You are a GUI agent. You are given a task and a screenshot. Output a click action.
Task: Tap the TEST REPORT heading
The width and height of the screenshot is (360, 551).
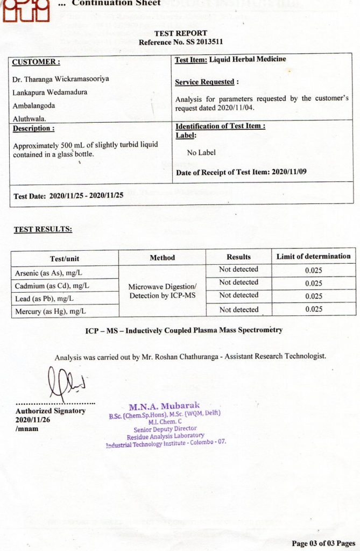coord(180,33)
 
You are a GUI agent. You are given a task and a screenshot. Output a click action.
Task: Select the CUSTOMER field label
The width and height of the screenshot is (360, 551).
coord(36,62)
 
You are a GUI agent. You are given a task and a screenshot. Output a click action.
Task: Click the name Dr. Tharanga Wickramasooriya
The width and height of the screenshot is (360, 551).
coord(60,79)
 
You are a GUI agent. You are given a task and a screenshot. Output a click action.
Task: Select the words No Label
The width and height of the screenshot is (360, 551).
coord(201,153)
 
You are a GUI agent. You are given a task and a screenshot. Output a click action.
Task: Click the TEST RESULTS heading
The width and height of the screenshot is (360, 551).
coord(43,230)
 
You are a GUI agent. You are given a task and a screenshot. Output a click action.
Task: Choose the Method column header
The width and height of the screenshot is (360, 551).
coord(162,258)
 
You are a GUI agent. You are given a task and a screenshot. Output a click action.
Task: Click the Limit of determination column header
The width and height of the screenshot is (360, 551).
coord(313,257)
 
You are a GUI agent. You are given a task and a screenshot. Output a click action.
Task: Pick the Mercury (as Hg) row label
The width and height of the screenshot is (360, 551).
coord(51,311)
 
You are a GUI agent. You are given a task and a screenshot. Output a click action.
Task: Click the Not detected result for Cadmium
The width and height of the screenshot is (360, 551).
coord(238,282)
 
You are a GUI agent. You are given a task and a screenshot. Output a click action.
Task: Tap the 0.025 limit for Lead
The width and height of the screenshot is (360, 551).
coord(313,296)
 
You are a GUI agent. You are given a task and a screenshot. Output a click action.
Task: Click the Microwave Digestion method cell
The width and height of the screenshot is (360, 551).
coord(162,291)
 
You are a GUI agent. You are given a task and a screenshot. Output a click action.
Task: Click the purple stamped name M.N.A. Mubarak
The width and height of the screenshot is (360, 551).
coord(164,406)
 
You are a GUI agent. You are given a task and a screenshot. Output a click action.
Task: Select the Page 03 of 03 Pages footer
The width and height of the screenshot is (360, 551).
coord(323,542)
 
